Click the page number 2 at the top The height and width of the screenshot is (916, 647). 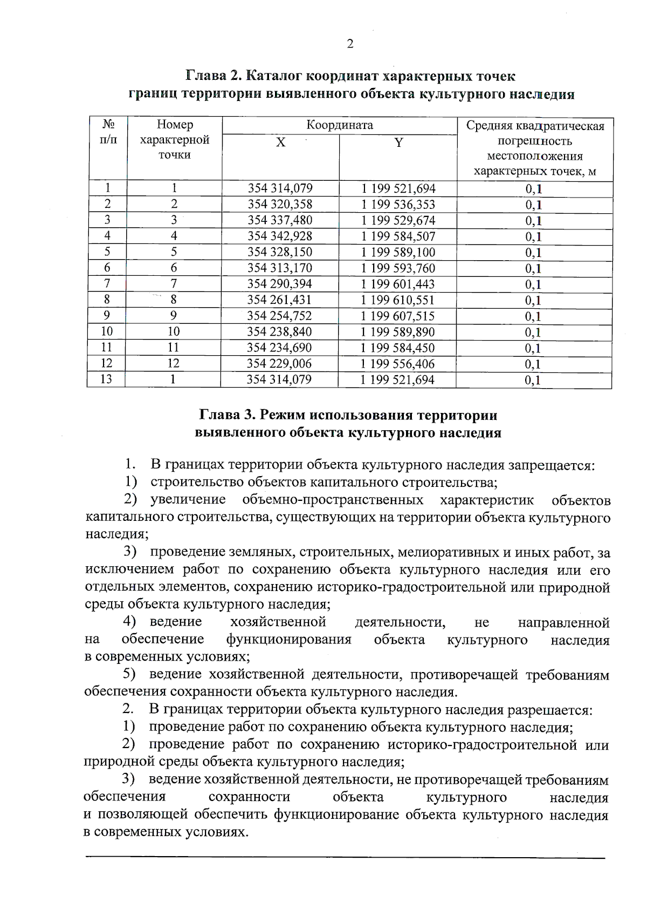[350, 44]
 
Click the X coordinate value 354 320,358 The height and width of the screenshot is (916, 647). [280, 205]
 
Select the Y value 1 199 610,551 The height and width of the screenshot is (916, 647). [397, 300]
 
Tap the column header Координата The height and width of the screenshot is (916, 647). [340, 125]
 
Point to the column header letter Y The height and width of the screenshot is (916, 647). [398, 143]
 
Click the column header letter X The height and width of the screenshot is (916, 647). [280, 143]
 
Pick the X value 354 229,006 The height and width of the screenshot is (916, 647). [279, 364]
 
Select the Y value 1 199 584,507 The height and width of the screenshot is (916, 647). [398, 236]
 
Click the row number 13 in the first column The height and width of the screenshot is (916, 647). [106, 379]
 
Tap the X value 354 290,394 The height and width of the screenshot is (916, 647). [279, 284]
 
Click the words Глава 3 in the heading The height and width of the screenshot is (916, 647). [226, 415]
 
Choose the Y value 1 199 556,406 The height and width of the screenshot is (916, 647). [397, 364]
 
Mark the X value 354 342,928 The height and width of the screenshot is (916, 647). [280, 236]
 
